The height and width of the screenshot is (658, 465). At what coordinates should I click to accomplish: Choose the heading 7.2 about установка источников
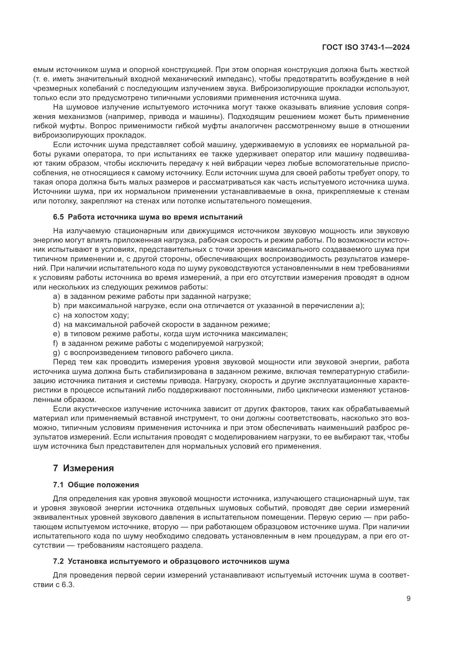[x=171, y=562]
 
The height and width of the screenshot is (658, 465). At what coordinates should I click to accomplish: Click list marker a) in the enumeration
[x=57, y=296]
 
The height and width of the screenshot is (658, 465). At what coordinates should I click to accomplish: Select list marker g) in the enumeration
[x=57, y=353]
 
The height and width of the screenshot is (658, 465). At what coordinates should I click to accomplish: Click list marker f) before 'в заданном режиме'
[x=56, y=343]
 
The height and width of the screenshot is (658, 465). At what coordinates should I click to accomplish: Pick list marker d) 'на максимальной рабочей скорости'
[x=57, y=324]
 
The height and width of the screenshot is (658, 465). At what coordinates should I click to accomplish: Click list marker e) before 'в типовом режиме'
[x=57, y=334]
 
